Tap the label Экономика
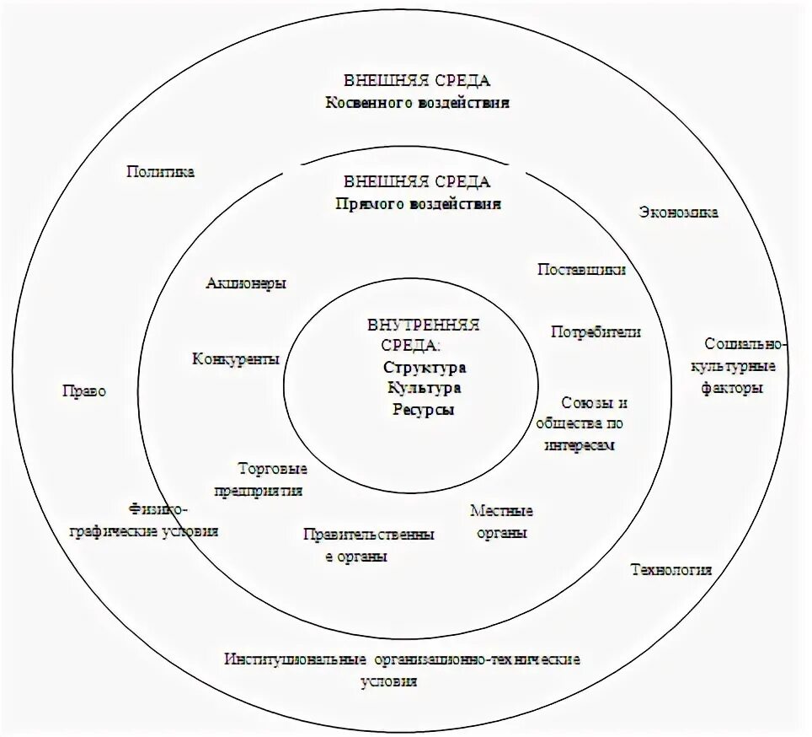pos(678,212)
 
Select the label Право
pos(84,392)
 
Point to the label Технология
pos(671,570)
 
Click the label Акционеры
pos(246,283)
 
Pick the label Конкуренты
pos(236,359)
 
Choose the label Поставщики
pos(581,270)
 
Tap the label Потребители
pos(596,332)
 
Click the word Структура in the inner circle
pos(424,368)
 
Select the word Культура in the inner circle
pos(424,389)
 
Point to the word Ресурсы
pos(424,410)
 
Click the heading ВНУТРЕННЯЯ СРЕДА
pos(423,335)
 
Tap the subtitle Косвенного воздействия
pos(418,103)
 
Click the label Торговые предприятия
pos(271,480)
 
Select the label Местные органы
pos(501,522)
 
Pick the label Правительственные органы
pos(369,545)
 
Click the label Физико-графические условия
pos(174,520)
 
